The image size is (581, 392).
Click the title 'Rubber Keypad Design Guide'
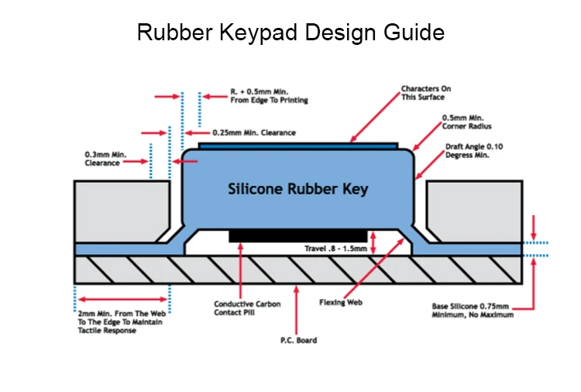[290, 33]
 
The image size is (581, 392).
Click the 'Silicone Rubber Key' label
[298, 188]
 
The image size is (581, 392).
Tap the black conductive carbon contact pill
[299, 235]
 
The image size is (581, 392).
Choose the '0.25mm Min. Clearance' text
[254, 132]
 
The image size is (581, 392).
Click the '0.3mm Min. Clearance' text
[105, 159]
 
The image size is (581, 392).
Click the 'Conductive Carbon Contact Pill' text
[247, 308]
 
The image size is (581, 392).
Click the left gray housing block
[116, 209]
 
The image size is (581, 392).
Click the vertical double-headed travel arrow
[374, 243]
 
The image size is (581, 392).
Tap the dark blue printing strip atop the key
[298, 145]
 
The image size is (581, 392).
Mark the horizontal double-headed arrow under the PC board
[122, 298]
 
